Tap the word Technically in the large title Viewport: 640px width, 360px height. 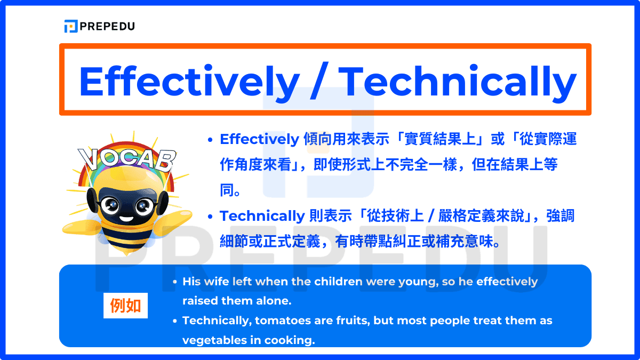[x=458, y=81]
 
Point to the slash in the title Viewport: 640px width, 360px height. [x=319, y=81]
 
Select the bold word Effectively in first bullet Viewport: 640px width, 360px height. [x=259, y=140]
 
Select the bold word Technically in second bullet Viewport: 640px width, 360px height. [x=262, y=217]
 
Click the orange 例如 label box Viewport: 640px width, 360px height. [x=125, y=306]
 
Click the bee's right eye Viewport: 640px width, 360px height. [x=141, y=205]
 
